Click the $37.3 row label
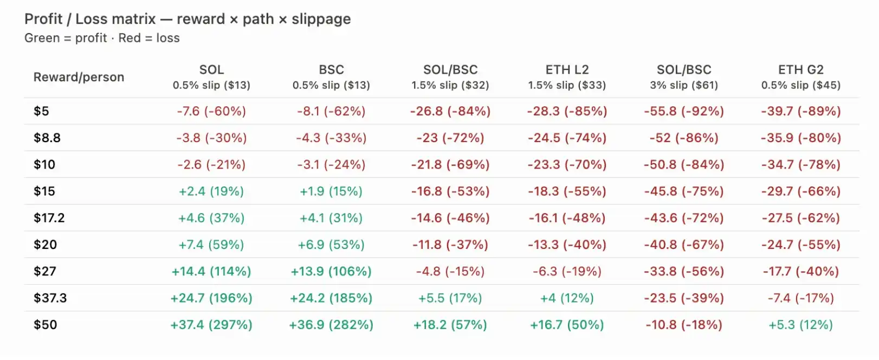coord(50,298)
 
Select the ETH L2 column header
coord(567,69)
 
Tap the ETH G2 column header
coord(801,69)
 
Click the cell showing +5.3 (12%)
coord(800,325)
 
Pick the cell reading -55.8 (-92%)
coord(684,111)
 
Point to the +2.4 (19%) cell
coord(211,191)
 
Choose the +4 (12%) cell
coord(567,298)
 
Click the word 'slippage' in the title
coord(321,19)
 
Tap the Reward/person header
coord(79,77)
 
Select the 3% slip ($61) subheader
coord(684,85)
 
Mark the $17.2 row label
coord(49,218)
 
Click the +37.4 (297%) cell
coord(211,325)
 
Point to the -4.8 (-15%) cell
coord(450,271)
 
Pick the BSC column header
coord(331,69)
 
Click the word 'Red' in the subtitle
coord(130,38)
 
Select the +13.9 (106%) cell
coord(331,271)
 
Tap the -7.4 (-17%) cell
coord(801,298)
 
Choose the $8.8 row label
coord(47,138)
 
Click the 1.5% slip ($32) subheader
coord(450,85)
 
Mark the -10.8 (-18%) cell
coord(684,325)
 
